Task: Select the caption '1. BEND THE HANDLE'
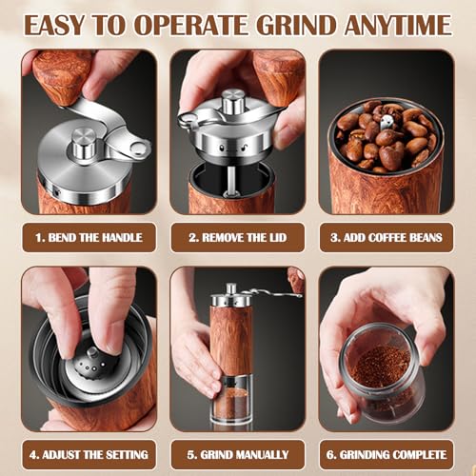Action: point(89,237)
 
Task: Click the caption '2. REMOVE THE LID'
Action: point(238,237)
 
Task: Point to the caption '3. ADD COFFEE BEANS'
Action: point(386,237)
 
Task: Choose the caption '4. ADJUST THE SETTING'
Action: point(89,455)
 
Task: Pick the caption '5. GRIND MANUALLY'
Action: point(238,455)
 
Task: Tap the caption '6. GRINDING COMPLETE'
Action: point(386,455)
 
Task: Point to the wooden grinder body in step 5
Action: point(232,338)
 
